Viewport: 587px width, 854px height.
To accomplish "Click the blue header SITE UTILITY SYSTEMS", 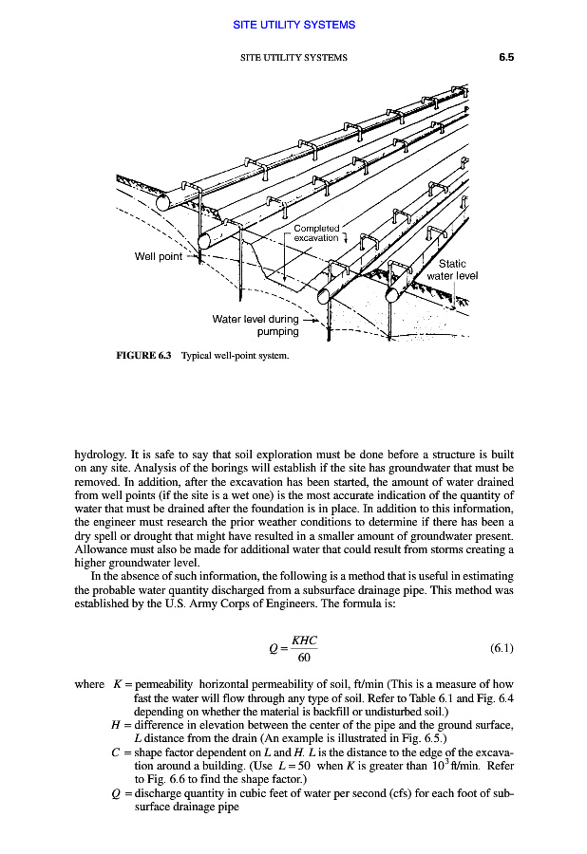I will (x=293, y=25).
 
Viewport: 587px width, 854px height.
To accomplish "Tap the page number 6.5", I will (x=505, y=57).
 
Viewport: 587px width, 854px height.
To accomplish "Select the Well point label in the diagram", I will (x=159, y=256).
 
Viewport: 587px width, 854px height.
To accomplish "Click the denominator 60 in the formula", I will (x=303, y=658).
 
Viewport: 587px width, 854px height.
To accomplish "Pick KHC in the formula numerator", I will (x=304, y=640).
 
